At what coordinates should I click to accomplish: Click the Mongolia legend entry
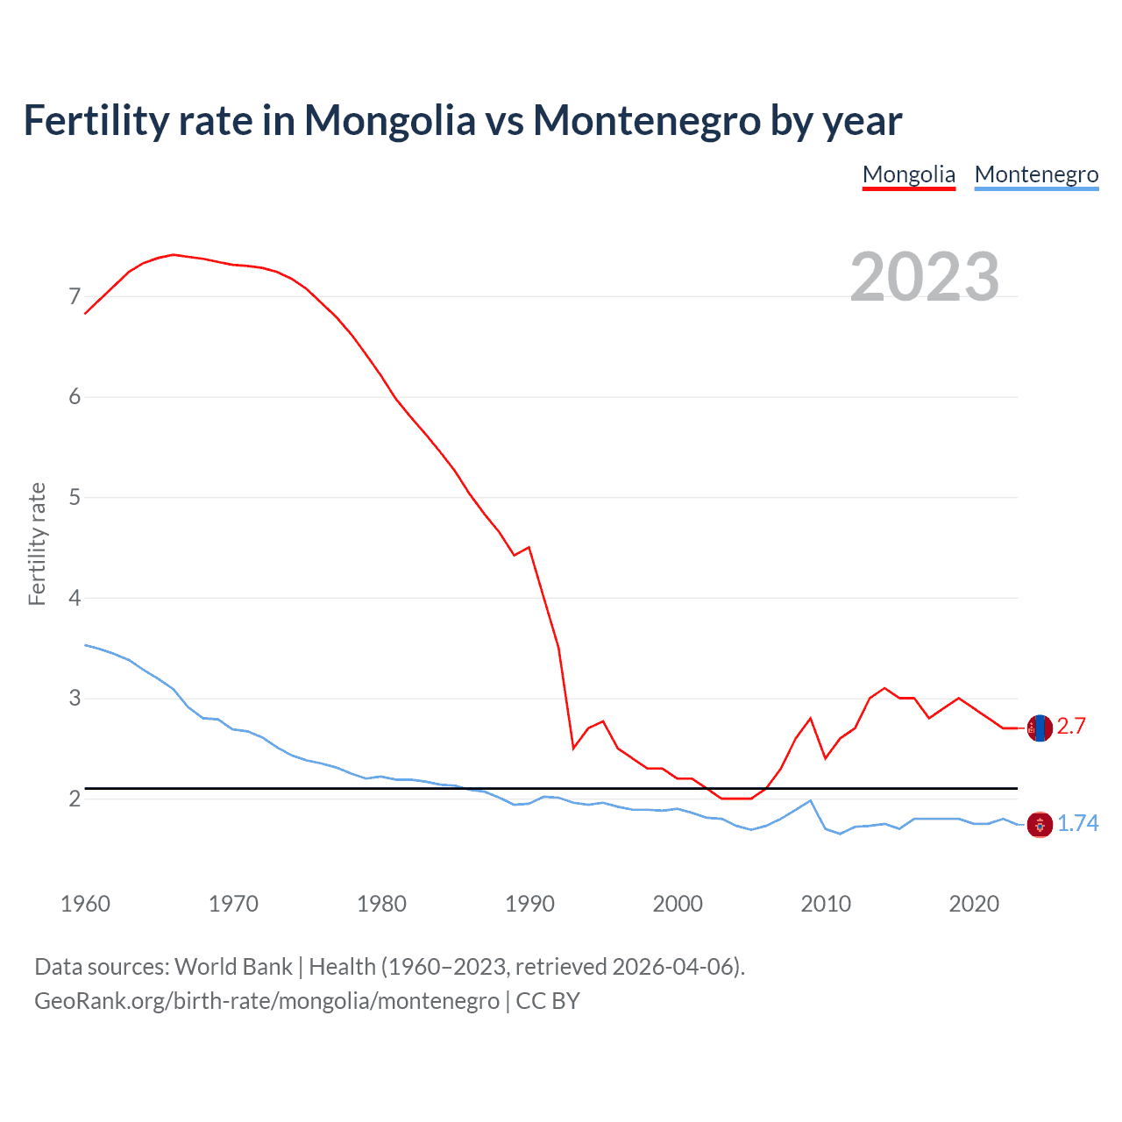point(908,174)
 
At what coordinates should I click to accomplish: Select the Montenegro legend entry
point(1036,174)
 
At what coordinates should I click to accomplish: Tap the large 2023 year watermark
point(924,277)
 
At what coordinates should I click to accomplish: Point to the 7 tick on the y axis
point(75,297)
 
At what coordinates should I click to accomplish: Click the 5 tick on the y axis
point(75,498)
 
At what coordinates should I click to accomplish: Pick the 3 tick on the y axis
point(75,699)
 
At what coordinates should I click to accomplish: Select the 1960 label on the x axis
point(85,904)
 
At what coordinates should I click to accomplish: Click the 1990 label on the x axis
point(529,904)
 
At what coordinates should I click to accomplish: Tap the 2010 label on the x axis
point(826,904)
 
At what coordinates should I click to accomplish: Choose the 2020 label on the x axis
point(974,904)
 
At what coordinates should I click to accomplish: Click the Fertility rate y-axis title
point(37,543)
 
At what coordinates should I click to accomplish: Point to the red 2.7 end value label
point(1071,727)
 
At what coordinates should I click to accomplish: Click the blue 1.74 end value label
point(1077,824)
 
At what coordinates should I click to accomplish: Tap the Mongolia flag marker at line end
point(1040,728)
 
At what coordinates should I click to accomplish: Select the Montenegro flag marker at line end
point(1040,824)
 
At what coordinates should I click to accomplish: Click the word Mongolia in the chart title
point(389,121)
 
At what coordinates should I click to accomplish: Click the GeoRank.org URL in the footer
point(266,1001)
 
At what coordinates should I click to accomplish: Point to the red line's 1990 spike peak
point(529,547)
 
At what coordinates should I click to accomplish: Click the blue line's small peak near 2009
point(810,800)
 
